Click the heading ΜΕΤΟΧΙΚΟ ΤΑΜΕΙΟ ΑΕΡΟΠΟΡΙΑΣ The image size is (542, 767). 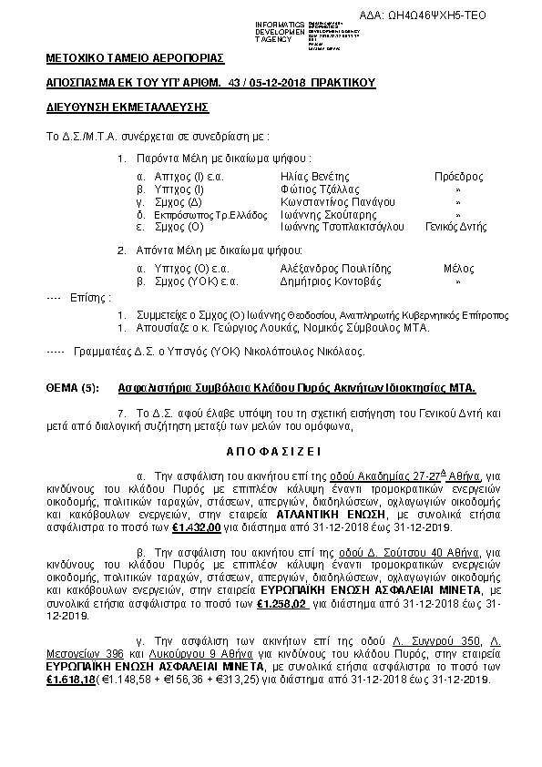coord(135,58)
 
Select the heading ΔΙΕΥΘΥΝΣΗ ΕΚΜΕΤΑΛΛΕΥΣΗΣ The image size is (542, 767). coord(128,107)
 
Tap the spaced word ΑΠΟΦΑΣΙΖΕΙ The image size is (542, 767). coord(271,451)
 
